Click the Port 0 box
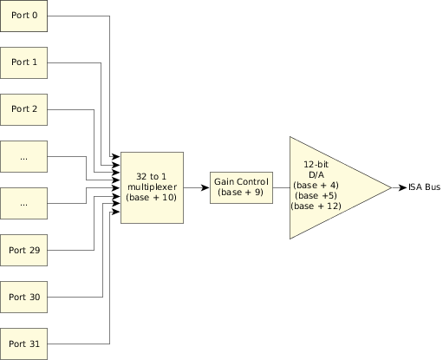(x=23, y=16)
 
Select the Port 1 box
(x=23, y=62)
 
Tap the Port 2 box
(x=23, y=109)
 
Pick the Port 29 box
(x=23, y=250)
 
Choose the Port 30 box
(x=23, y=297)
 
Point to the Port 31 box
(x=23, y=344)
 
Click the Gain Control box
(x=241, y=187)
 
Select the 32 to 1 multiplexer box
(x=152, y=187)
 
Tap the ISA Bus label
(x=424, y=187)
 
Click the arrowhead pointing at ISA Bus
(x=402, y=187)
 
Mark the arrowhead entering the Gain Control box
(x=205, y=187)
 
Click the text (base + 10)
(x=152, y=198)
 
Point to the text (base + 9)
(x=241, y=193)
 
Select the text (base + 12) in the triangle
(x=316, y=206)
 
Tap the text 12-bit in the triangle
(x=316, y=165)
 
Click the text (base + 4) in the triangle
(x=316, y=186)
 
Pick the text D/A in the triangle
(x=316, y=175)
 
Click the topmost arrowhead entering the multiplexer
(x=116, y=157)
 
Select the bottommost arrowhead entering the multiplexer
(x=116, y=212)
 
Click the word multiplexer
(x=152, y=187)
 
